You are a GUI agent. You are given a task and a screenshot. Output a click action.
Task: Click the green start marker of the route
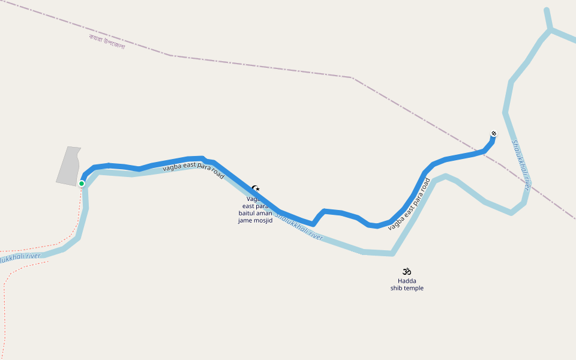[x=82, y=184]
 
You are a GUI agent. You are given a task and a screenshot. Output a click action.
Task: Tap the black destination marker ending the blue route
[x=494, y=133]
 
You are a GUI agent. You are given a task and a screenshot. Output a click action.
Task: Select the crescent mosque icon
[x=256, y=188]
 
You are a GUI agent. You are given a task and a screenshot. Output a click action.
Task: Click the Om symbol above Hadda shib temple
[x=407, y=271]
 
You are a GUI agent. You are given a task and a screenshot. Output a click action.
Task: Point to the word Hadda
[x=407, y=281]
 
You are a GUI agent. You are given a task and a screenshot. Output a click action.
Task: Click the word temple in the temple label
[x=413, y=288]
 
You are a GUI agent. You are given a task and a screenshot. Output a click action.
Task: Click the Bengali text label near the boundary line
[x=107, y=41]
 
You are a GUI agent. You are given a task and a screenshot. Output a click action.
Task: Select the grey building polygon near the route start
[x=68, y=165]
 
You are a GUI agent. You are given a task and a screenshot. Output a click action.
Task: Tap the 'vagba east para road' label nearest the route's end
[x=410, y=204]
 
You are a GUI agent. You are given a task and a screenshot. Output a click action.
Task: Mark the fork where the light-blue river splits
[x=550, y=30]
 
